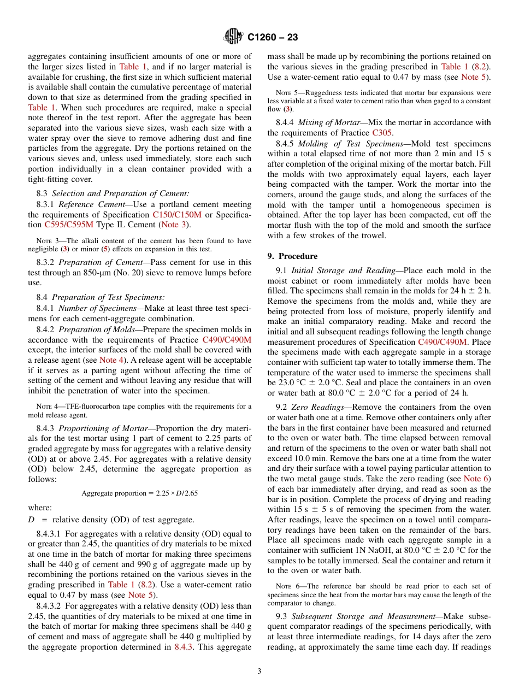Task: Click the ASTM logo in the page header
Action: click(233, 37)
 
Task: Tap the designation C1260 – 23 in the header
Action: click(273, 38)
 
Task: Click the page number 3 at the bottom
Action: click(259, 671)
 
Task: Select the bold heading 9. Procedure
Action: click(292, 256)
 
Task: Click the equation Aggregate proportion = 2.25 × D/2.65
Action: click(139, 493)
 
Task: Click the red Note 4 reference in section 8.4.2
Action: click(111, 360)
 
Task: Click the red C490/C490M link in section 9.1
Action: click(443, 343)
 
